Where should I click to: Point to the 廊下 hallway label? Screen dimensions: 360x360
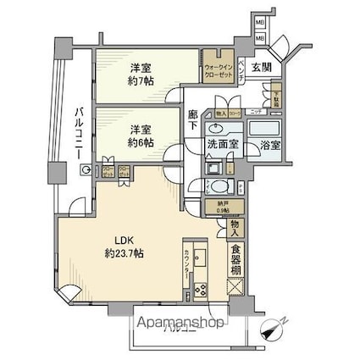(x=194, y=121)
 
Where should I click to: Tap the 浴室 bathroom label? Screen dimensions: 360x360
(x=269, y=145)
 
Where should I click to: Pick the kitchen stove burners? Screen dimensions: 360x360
(x=199, y=291)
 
